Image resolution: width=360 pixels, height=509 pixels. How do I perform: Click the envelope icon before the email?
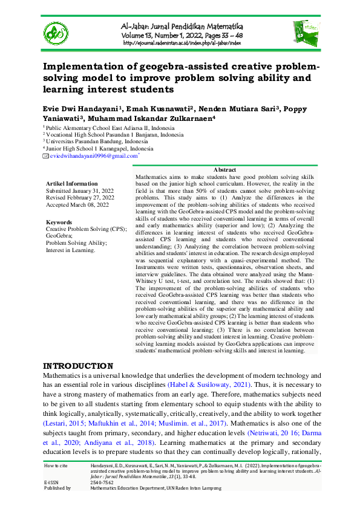[x=45, y=156]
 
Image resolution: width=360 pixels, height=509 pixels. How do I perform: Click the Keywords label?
[x=59, y=222]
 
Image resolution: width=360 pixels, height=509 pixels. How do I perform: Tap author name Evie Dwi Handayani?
[x=77, y=108]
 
